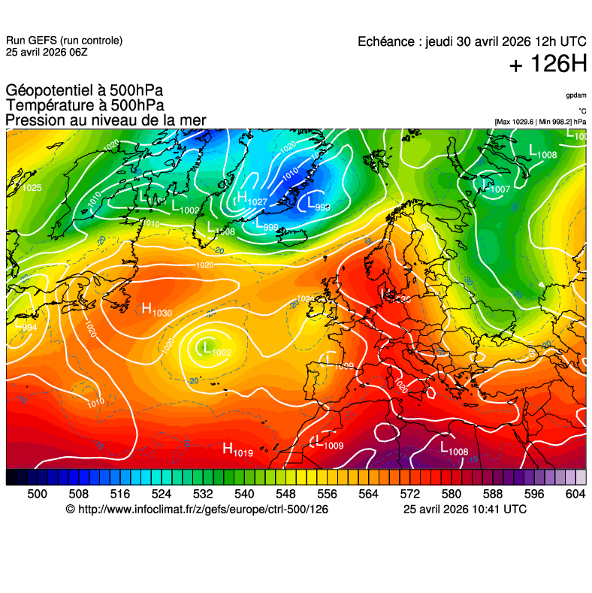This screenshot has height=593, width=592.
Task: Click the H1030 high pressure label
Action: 156,308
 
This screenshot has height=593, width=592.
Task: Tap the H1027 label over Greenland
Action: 252,199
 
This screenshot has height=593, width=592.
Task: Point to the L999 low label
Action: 266,224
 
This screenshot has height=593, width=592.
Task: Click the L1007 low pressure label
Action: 495,186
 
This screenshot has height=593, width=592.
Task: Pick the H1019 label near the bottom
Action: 237,449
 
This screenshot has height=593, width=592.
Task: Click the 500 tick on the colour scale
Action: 37,494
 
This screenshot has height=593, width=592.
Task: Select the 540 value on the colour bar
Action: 244,494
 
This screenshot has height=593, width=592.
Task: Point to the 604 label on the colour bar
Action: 575,494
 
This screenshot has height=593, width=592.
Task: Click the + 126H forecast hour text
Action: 547,65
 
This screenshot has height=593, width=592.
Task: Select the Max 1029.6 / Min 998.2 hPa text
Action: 540,121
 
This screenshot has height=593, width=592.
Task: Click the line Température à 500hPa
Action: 85,106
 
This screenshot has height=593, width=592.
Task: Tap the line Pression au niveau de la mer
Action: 105,120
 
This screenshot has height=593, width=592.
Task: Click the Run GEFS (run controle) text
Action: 64,41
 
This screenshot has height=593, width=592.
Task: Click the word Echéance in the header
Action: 387,41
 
